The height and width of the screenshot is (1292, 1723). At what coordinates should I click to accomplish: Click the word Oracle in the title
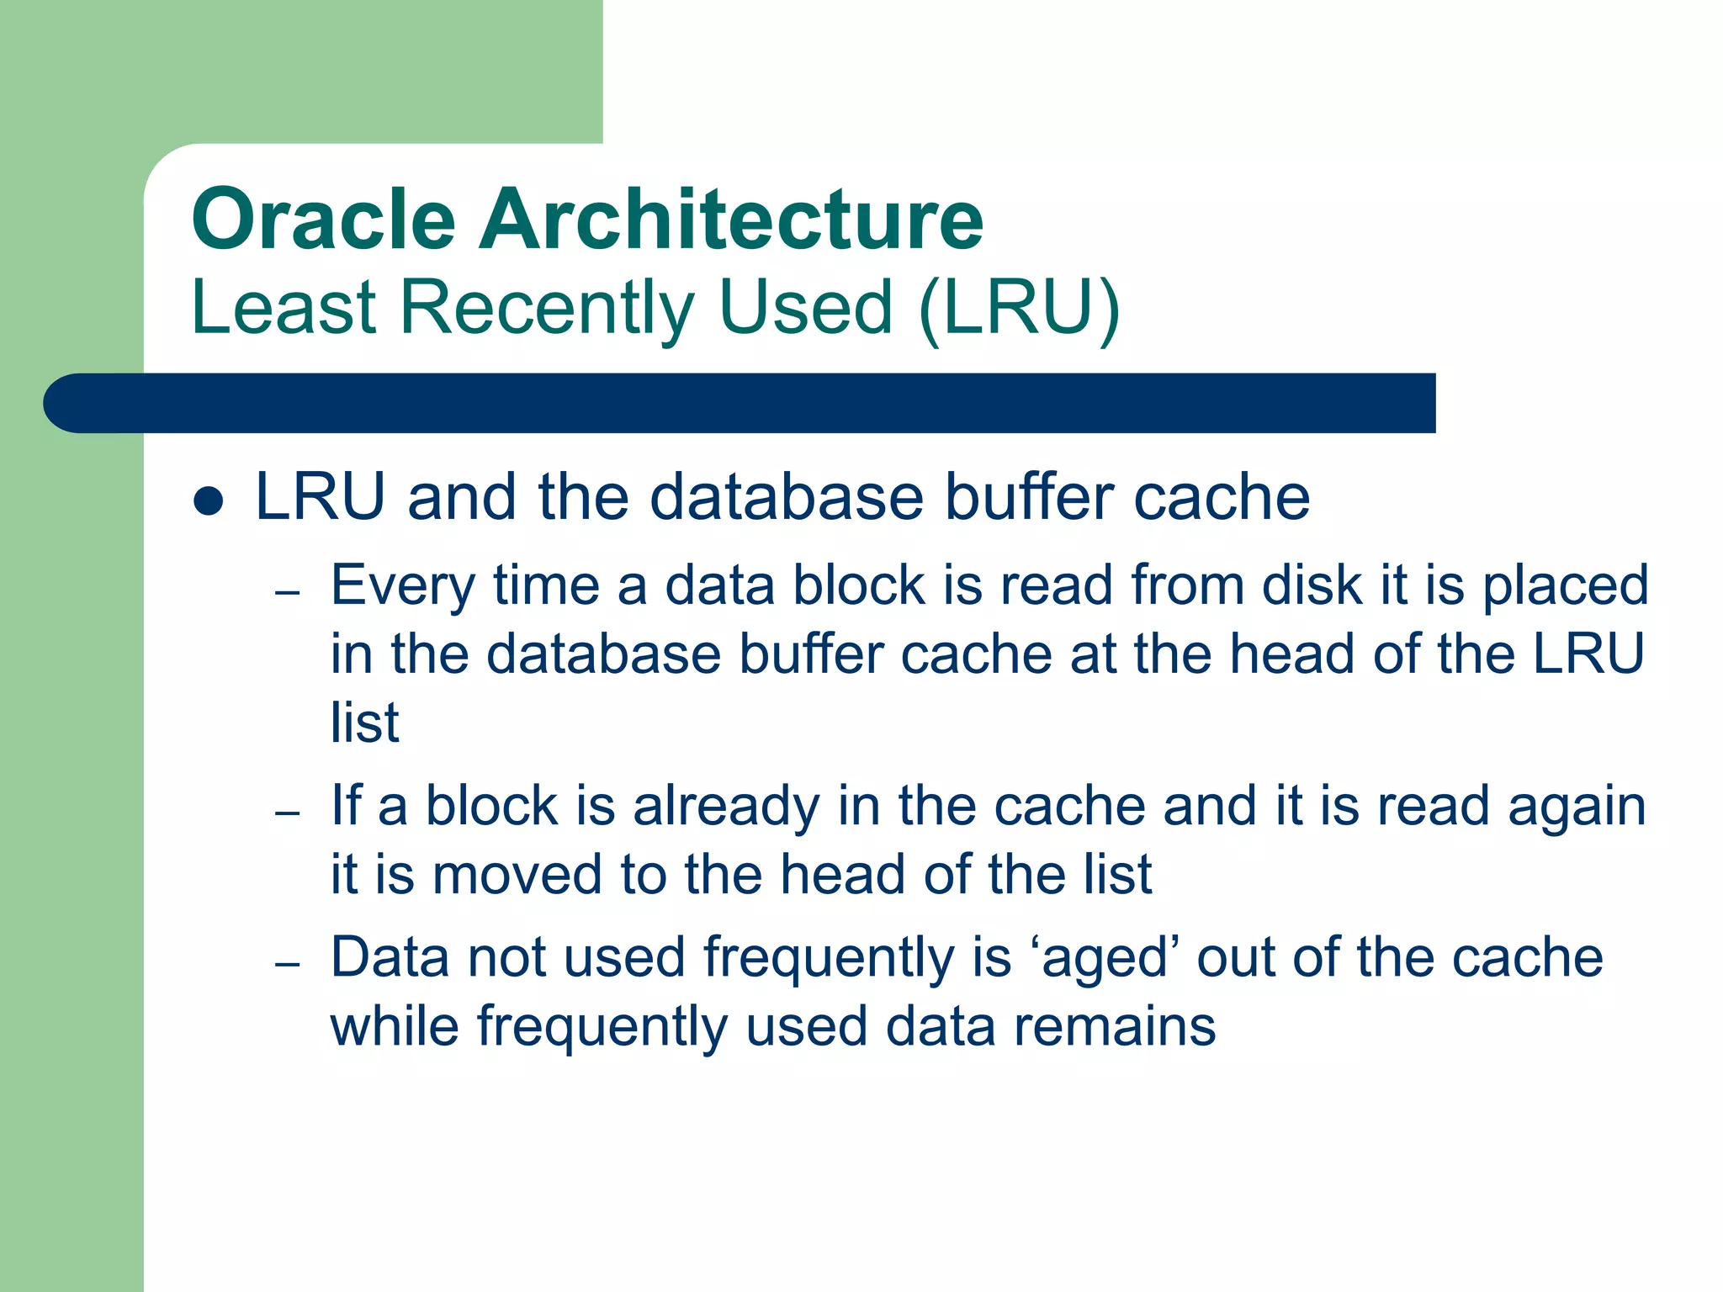(x=324, y=220)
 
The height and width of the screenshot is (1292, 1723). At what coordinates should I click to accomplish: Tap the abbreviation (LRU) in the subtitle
(x=1020, y=308)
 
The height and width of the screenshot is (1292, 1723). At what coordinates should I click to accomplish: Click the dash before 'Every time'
(x=287, y=592)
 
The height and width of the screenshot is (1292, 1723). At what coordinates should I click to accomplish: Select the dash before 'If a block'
(x=287, y=813)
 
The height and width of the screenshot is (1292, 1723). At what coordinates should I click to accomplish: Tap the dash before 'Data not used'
(x=287, y=964)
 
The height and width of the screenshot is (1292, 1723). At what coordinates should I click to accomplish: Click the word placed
(x=1564, y=587)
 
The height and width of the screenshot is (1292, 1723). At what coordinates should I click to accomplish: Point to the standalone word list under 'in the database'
(x=364, y=723)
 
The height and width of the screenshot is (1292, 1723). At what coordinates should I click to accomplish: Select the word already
(x=725, y=807)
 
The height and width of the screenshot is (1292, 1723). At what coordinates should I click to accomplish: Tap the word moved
(x=517, y=875)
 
